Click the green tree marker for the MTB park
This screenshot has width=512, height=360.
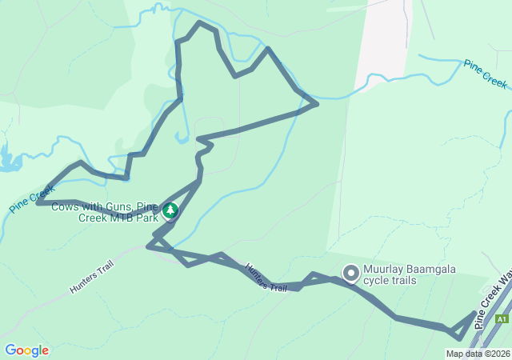pyautogui.click(x=170, y=211)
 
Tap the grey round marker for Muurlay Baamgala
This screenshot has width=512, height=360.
pyautogui.click(x=350, y=274)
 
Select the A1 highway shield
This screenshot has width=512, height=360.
pyautogui.click(x=501, y=318)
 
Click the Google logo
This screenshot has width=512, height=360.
pyautogui.click(x=26, y=350)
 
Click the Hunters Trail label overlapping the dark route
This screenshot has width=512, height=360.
pyautogui.click(x=266, y=277)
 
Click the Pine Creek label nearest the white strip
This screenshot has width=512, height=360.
pyautogui.click(x=486, y=73)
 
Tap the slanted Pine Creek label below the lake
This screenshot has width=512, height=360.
pyautogui.click(x=31, y=199)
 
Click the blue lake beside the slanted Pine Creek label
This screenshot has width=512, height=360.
pyautogui.click(x=10, y=160)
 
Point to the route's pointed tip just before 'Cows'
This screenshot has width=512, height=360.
pyautogui.click(x=38, y=202)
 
